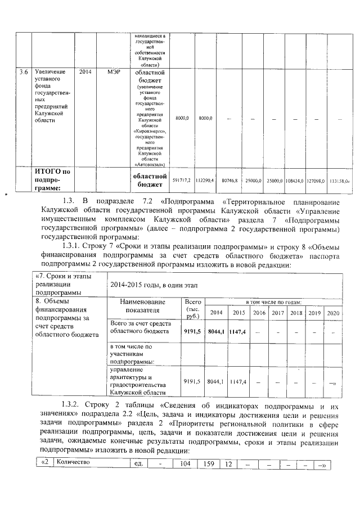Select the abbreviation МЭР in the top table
pos(114,73)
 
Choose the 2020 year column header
pos(333,313)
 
